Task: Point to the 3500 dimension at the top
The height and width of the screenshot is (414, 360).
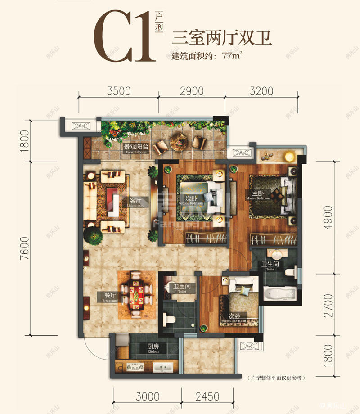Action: click(119, 91)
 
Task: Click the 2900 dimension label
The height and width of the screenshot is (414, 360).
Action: click(191, 91)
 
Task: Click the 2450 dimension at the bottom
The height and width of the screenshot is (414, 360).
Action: click(207, 396)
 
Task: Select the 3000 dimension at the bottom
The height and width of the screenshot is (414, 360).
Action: click(147, 396)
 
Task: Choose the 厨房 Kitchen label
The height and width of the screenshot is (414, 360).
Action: click(152, 348)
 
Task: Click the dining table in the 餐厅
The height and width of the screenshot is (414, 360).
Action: click(135, 295)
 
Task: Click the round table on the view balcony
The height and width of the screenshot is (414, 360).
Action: click(180, 143)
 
